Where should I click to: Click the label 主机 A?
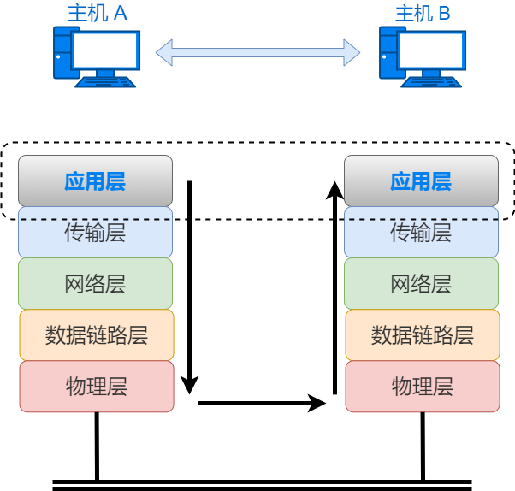[97, 13]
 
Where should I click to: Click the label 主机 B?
[423, 13]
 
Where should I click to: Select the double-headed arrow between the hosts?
[257, 52]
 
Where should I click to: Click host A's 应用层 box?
[95, 181]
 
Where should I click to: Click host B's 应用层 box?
[421, 181]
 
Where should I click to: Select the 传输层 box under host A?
[95, 235]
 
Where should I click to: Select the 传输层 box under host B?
[421, 235]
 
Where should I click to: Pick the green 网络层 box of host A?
[95, 284]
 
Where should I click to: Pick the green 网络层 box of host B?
[421, 284]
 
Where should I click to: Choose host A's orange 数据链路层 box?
[96, 335]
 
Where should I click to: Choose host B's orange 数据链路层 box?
[422, 335]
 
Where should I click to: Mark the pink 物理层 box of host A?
[96, 387]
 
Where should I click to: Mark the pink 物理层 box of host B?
[422, 387]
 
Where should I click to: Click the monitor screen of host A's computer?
[105, 50]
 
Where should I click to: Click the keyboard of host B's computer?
[432, 82]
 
